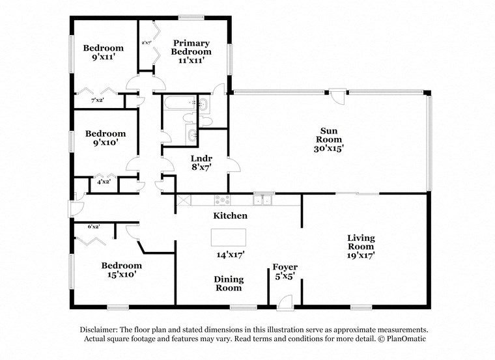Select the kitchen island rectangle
click(x=229, y=236)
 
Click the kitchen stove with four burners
click(x=223, y=200)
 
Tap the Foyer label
click(x=284, y=267)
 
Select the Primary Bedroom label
click(x=191, y=47)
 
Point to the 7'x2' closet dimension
click(x=98, y=100)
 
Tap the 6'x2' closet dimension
click(x=94, y=227)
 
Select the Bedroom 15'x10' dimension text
click(x=122, y=275)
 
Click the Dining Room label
click(x=229, y=283)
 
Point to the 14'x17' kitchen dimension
click(x=230, y=256)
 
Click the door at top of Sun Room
click(x=337, y=97)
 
